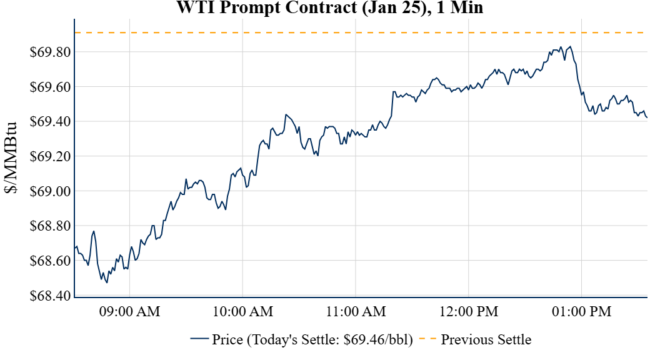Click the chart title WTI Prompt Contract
point(330,8)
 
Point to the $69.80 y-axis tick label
point(50,52)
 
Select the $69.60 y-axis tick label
point(50,87)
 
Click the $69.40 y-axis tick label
point(50,121)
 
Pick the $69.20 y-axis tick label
point(50,156)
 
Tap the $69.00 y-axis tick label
point(50,191)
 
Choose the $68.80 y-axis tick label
point(50,226)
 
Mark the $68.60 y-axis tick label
point(50,261)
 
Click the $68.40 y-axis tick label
point(50,295)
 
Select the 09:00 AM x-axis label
point(129,311)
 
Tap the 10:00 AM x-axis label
point(242,311)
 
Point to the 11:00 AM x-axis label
point(356,311)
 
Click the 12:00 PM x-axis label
point(469,311)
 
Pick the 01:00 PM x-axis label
point(581,311)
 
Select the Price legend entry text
point(312,340)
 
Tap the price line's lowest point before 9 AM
point(107,282)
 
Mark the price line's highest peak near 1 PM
point(570,46)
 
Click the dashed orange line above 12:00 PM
point(469,32)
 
